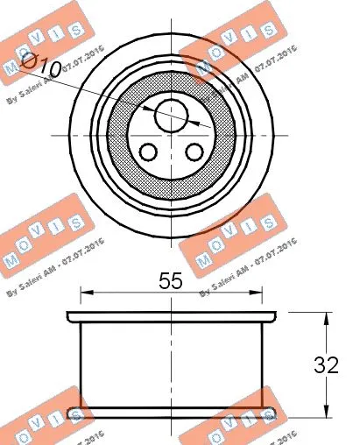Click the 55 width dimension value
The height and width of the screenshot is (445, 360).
click(x=171, y=281)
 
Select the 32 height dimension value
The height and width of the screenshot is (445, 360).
click(x=328, y=365)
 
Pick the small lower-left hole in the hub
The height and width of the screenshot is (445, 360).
click(x=149, y=152)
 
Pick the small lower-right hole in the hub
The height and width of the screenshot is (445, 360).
click(x=194, y=152)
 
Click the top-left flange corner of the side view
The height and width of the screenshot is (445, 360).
click(x=68, y=311)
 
